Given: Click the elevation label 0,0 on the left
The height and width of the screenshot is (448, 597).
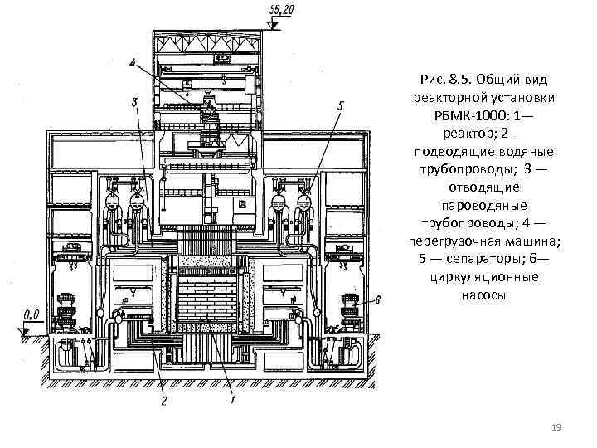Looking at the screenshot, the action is click(x=32, y=314).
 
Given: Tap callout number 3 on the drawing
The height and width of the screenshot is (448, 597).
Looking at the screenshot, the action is click(x=134, y=102).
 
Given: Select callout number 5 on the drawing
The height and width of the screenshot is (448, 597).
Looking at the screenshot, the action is click(x=341, y=105).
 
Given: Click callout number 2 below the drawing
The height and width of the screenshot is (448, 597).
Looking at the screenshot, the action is click(x=164, y=402).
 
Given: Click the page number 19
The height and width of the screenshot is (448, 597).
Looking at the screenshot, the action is click(x=556, y=426).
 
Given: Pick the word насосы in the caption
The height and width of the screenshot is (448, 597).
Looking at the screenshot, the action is click(x=481, y=295).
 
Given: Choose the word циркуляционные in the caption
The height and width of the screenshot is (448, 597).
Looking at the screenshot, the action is click(x=481, y=276).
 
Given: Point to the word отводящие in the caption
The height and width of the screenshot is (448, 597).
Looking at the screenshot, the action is click(x=481, y=187).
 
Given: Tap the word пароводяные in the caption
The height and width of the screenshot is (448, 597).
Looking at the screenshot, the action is click(x=481, y=205).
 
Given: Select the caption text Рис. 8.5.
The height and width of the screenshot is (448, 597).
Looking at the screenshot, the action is click(x=445, y=80).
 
